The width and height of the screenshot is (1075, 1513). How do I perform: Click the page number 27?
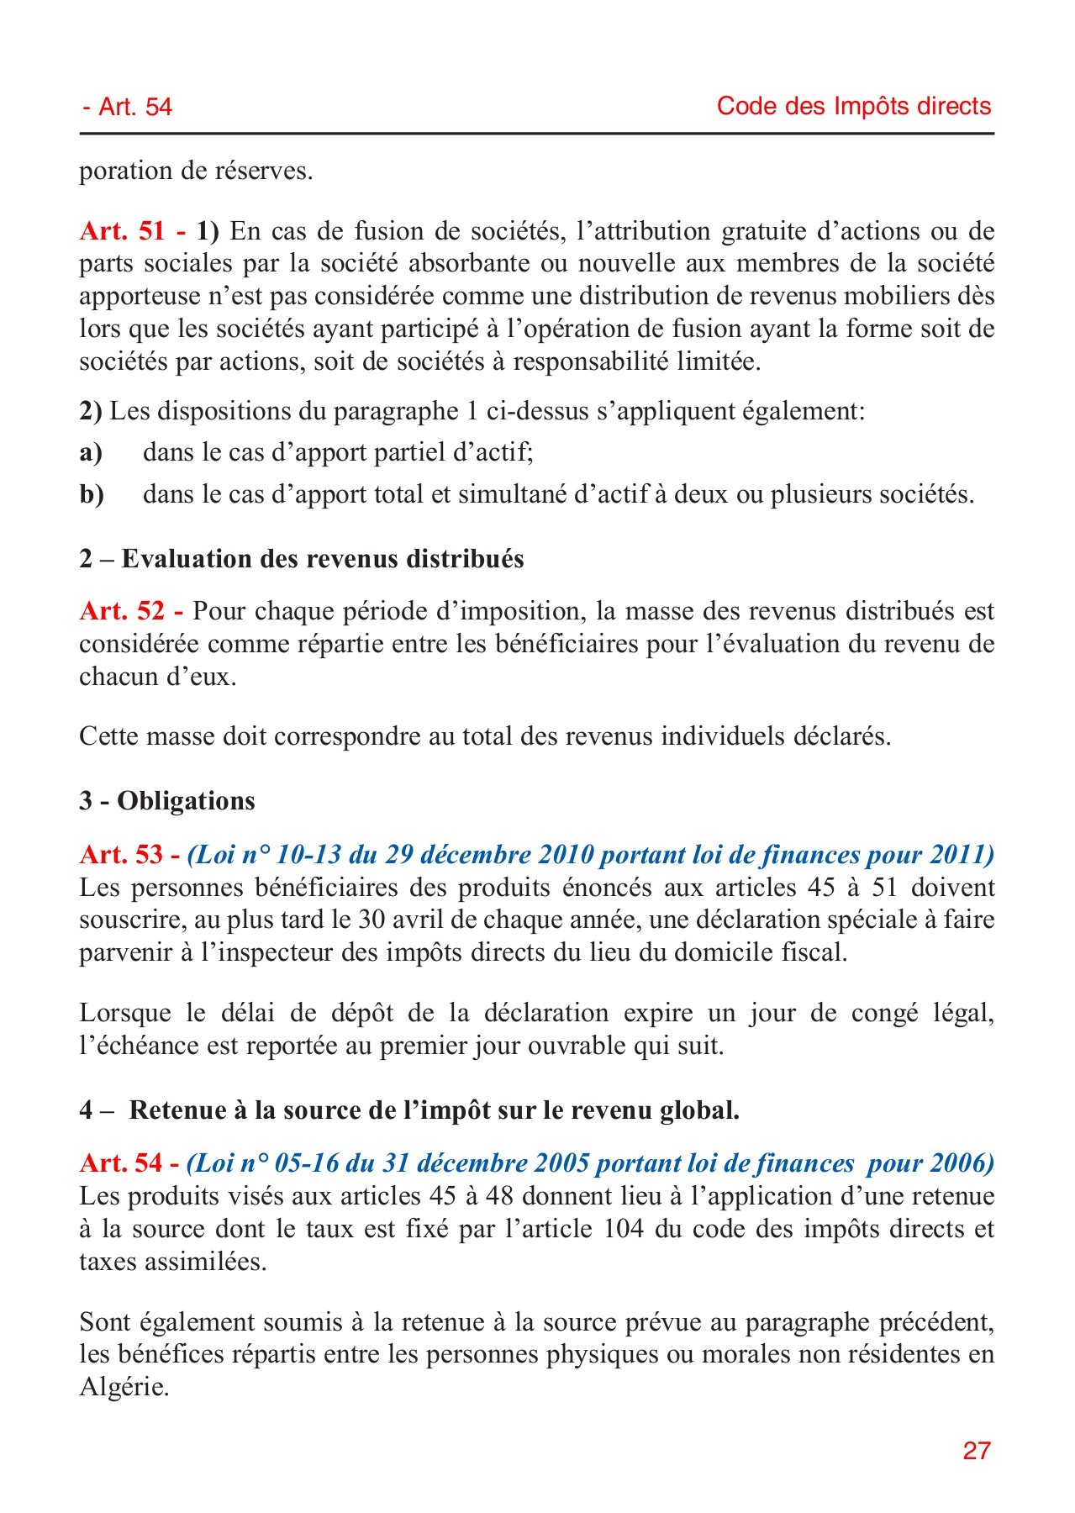977,1450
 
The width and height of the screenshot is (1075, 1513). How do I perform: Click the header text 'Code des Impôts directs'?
853,106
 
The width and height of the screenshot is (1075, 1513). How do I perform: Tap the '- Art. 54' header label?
127,107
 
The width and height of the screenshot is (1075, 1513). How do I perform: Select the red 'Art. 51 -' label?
132,230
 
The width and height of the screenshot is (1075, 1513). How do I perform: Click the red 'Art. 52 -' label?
132,611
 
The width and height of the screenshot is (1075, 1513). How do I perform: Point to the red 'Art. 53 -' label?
129,854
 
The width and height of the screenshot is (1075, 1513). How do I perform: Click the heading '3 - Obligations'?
167,800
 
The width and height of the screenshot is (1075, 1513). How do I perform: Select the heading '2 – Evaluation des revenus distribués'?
302,559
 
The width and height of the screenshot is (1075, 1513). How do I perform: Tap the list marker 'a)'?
91,453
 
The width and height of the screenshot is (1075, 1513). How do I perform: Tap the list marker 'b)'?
92,494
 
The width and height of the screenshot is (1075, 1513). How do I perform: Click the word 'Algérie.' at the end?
124,1387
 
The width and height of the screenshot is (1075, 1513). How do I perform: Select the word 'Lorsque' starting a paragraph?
124,1013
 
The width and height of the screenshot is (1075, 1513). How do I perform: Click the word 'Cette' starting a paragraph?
108,736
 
